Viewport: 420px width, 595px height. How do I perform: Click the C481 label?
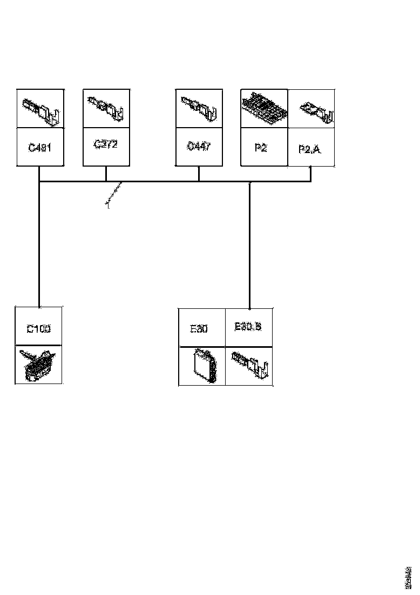[39, 147]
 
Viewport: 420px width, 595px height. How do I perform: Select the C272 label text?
[106, 144]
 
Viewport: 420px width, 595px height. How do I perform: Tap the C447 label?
[199, 147]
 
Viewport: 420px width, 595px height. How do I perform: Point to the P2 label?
[261, 147]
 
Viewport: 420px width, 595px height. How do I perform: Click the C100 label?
[38, 328]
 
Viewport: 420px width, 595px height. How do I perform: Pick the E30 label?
[199, 329]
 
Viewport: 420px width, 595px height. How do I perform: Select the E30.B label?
[248, 327]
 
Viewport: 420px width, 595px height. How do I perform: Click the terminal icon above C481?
[41, 110]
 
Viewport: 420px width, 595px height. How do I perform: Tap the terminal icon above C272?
[106, 108]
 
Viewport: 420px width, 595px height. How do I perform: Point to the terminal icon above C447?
[199, 108]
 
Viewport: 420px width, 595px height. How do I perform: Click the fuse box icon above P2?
[264, 108]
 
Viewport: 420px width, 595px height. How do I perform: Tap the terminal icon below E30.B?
[249, 365]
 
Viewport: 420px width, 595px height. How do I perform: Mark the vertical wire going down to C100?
[39, 243]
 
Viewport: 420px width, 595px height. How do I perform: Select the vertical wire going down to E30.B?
[249, 243]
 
